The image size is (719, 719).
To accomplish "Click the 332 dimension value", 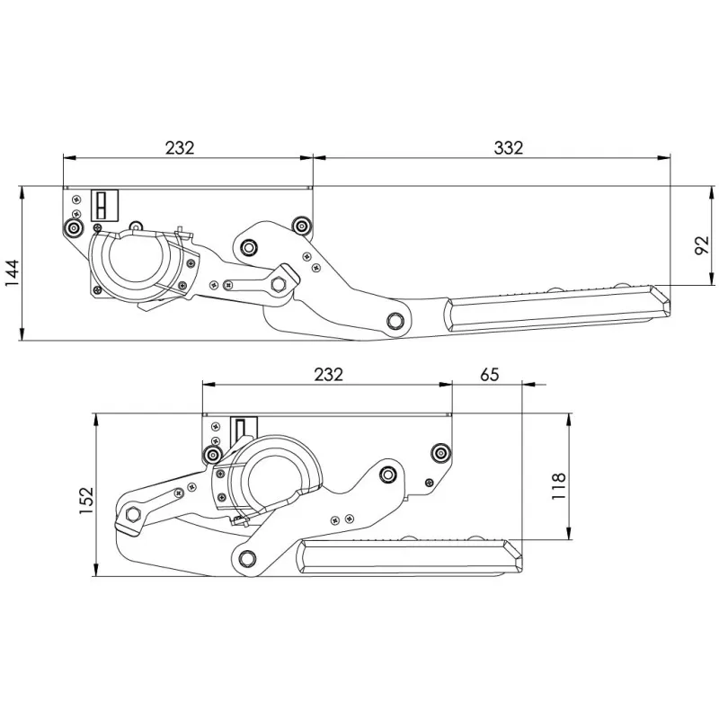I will point(508,147).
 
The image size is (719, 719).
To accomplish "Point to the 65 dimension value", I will point(489,375).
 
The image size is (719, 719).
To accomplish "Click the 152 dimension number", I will point(86,502).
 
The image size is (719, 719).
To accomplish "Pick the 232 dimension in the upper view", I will point(180,147).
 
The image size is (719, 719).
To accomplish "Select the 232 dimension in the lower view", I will point(329,375).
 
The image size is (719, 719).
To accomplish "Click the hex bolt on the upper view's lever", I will point(278,284).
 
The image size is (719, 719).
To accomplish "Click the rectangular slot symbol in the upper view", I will point(102,205).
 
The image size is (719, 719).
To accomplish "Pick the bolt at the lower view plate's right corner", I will point(440,452).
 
